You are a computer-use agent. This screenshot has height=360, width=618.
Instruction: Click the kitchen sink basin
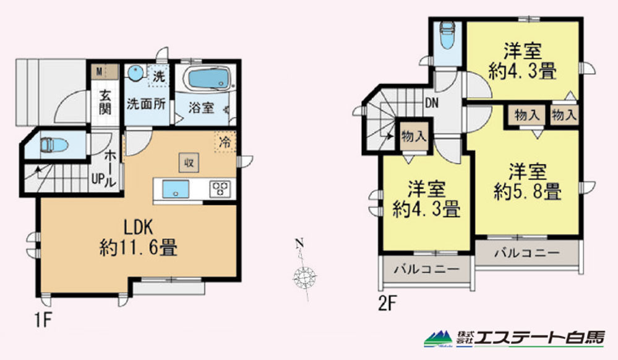click(176, 189)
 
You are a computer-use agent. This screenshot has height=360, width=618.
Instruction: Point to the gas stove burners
click(220, 189)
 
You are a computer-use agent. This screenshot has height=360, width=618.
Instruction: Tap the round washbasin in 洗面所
click(135, 73)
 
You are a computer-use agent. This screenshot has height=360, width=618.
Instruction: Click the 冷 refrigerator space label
click(225, 142)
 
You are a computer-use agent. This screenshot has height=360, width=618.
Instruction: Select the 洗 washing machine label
click(158, 76)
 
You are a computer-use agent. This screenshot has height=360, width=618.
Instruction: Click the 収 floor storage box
click(189, 163)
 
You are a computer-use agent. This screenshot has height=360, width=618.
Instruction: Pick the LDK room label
click(139, 228)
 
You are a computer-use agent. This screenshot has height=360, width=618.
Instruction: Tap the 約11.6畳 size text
click(139, 247)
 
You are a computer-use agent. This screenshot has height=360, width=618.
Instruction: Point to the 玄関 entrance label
click(105, 102)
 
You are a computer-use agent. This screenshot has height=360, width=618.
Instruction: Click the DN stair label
click(432, 103)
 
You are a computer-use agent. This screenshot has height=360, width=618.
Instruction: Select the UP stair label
click(97, 179)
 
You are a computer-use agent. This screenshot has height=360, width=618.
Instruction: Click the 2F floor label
click(387, 304)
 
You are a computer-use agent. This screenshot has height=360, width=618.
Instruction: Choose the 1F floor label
click(43, 320)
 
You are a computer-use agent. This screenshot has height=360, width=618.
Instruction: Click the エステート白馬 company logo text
click(539, 338)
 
